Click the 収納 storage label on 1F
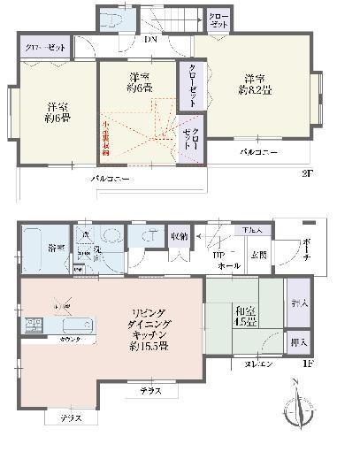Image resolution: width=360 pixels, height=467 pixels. point(177,236)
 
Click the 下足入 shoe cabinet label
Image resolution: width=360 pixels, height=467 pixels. point(253,231)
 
